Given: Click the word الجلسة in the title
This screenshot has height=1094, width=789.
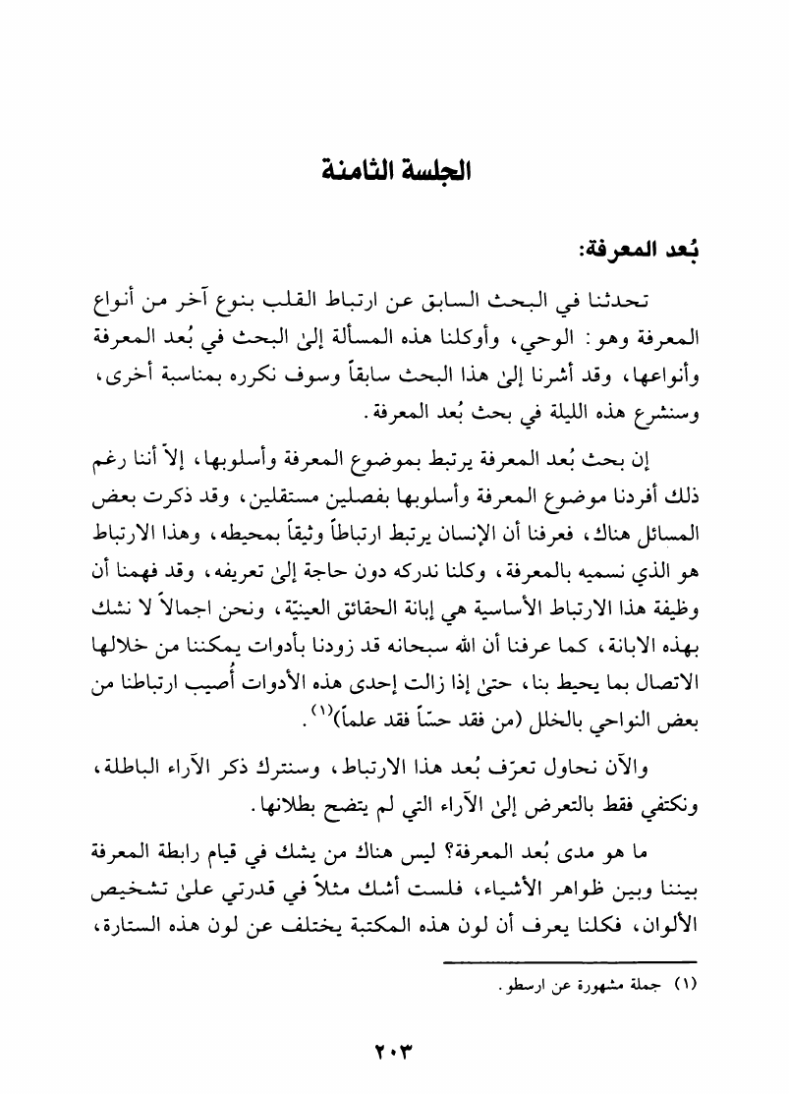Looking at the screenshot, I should [x=434, y=168].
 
